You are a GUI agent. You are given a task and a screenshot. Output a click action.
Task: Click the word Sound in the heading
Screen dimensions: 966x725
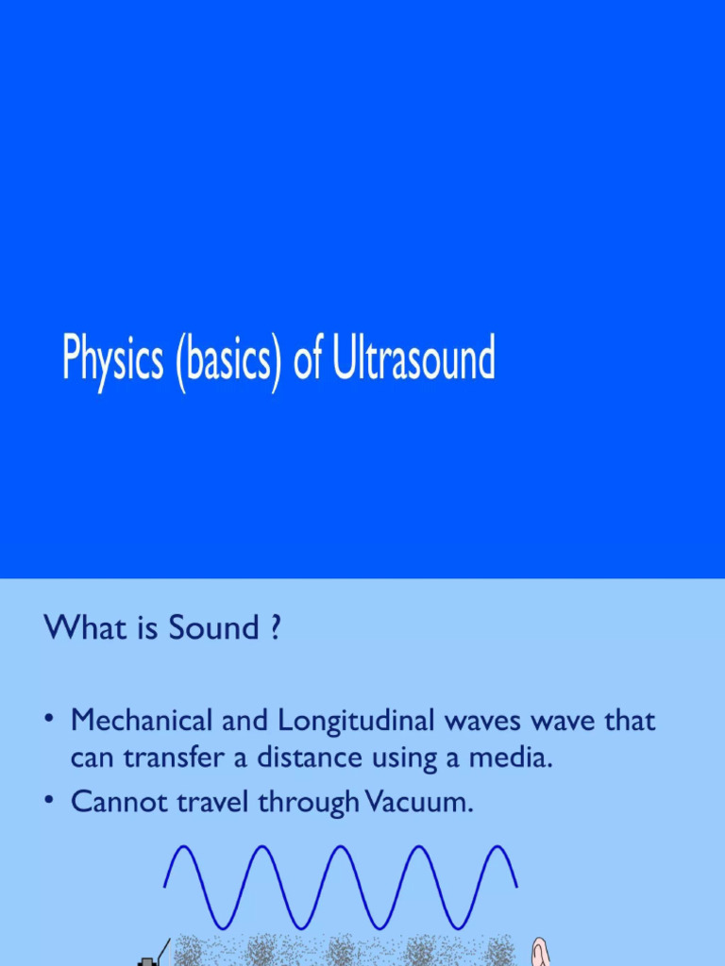(x=213, y=628)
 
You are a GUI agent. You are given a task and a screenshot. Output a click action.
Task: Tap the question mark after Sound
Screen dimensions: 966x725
(x=275, y=628)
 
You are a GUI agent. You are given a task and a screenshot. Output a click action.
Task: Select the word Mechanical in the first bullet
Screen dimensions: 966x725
(x=141, y=722)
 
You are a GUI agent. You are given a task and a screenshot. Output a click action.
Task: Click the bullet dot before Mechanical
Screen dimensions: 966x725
(x=49, y=722)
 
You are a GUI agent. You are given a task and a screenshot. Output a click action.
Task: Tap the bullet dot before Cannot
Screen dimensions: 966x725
(x=49, y=802)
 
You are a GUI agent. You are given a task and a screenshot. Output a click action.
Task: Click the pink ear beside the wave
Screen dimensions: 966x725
(x=540, y=953)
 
